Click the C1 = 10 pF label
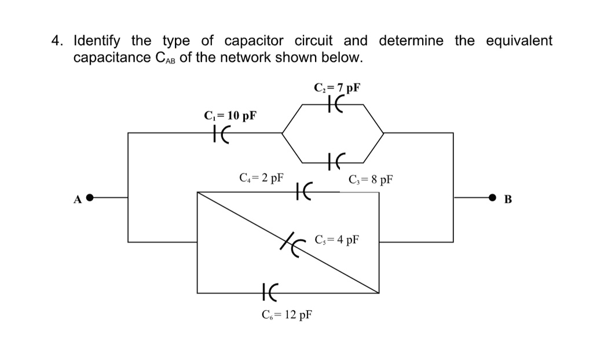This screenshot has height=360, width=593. [x=230, y=115]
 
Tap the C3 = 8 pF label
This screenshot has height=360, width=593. [x=371, y=179]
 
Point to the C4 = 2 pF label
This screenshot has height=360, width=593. [x=261, y=177]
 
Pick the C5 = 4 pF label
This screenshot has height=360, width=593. [x=337, y=239]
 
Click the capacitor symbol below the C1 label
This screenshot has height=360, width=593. [x=221, y=134]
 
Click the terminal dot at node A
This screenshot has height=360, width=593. [x=90, y=198]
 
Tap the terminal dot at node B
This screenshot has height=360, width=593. [x=492, y=198]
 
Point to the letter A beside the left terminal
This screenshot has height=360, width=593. [x=77, y=200]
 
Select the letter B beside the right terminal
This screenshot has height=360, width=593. [x=508, y=200]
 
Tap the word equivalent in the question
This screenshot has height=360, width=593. [x=519, y=41]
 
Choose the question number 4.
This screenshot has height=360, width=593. [x=56, y=41]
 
